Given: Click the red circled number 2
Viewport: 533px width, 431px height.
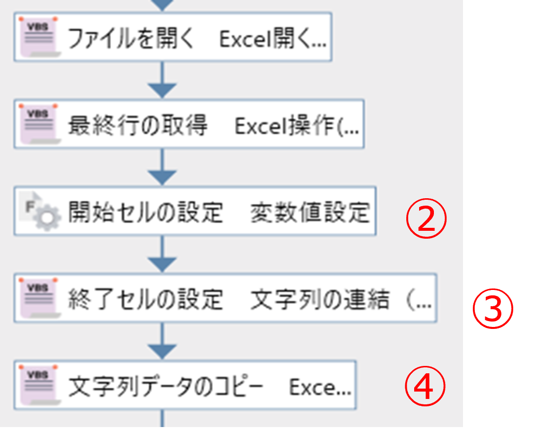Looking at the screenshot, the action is tap(426, 218).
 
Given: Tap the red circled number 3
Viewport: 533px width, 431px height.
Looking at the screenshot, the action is tap(493, 308).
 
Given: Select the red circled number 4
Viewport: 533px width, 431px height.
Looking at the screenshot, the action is tap(425, 386).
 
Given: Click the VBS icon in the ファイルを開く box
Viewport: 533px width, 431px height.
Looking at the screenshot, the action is tap(39, 36).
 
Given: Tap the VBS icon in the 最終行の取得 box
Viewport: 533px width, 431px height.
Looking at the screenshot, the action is tap(39, 124).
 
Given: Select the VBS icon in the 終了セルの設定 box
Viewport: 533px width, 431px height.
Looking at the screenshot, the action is tap(39, 298).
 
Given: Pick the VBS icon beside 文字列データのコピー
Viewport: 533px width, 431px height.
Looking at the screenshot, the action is tap(39, 385).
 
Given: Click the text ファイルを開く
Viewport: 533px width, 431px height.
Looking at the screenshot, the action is tap(131, 38).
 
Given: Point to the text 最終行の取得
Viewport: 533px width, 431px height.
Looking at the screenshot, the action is tap(138, 125).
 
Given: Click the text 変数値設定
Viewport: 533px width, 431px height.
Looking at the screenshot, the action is tap(310, 212).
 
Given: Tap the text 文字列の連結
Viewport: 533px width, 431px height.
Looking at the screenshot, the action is tap(320, 299).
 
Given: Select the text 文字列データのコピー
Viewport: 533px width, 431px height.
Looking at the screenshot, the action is tap(166, 386).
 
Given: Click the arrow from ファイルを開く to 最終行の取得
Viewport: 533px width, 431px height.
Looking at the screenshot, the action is tap(162, 80).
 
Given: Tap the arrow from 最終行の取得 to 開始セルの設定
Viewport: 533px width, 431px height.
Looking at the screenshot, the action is tap(162, 167).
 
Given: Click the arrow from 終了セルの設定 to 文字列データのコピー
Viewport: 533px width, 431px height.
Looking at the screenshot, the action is tap(162, 341).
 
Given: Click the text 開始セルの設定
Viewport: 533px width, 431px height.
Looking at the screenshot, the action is tap(145, 212).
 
